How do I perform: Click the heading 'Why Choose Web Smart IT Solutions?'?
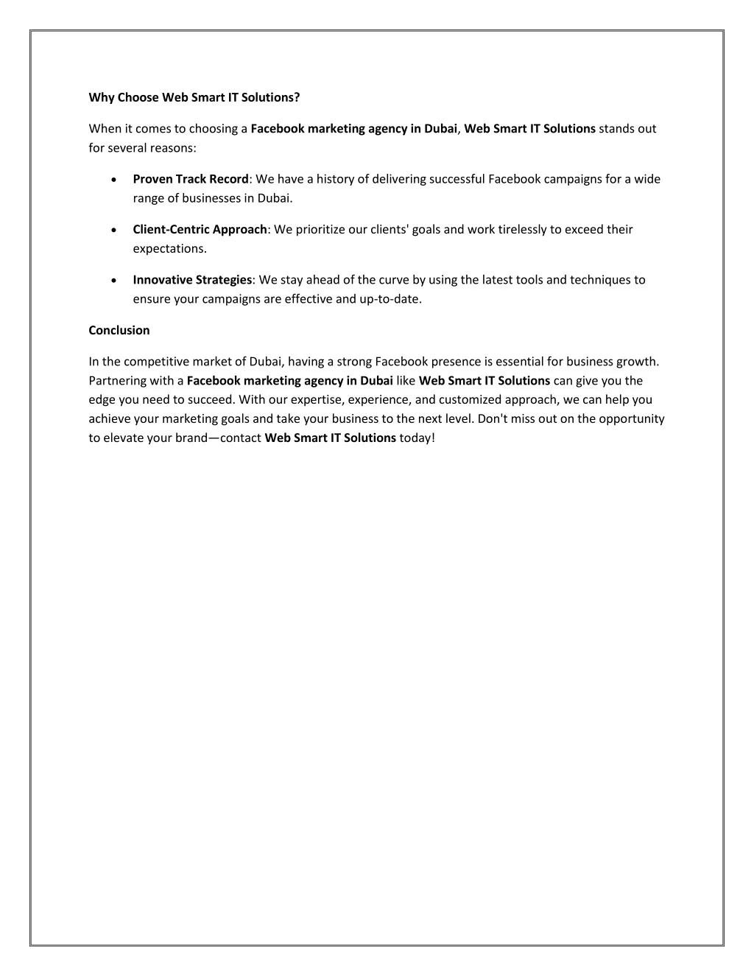[194, 97]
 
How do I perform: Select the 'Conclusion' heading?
[119, 330]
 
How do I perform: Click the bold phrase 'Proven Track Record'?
[191, 179]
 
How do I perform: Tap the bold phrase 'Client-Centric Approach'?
[200, 229]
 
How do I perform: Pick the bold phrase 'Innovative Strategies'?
[192, 280]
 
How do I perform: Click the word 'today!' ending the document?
[417, 438]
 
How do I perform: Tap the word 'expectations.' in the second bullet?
[170, 248]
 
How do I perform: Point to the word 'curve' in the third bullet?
[394, 280]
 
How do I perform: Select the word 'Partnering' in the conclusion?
[118, 381]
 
